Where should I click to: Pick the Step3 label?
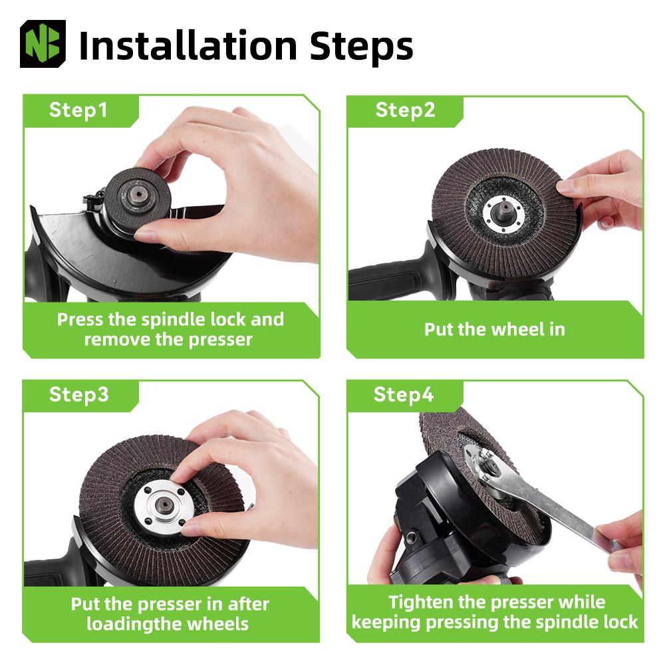(x=79, y=394)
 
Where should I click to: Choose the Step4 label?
(x=404, y=394)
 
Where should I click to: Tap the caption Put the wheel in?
(x=495, y=329)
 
